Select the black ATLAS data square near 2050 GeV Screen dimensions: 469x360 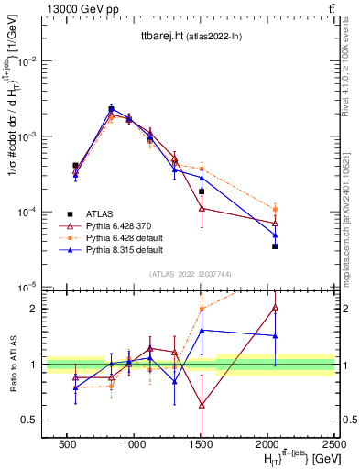pyautogui.click(x=275, y=246)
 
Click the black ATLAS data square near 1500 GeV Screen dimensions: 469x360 pyautogui.click(x=202, y=191)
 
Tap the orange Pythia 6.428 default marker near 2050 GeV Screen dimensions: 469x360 pyautogui.click(x=275, y=210)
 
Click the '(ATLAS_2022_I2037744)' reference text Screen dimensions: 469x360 pyautogui.click(x=188, y=274)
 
